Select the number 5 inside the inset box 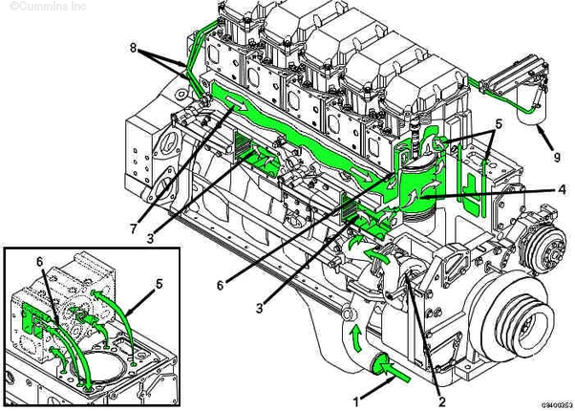(160, 284)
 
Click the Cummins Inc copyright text (35, 8)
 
